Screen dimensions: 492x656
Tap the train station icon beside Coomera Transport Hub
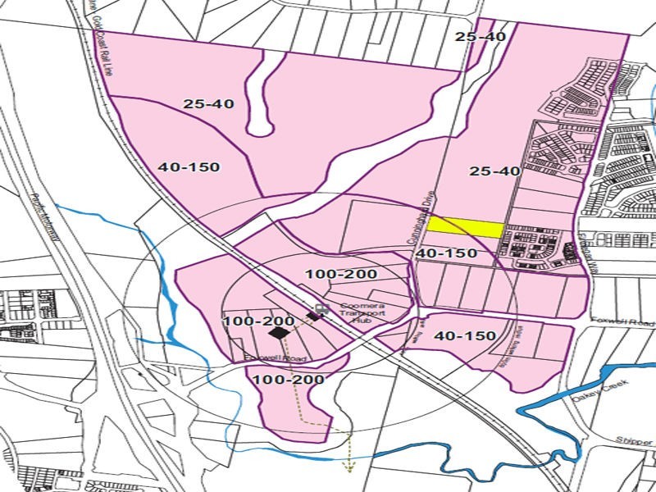tap(319, 307)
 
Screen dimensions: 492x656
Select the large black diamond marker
tap(278, 333)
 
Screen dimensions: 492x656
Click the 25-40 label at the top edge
tap(480, 37)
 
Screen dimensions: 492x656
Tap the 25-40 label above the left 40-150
tap(209, 104)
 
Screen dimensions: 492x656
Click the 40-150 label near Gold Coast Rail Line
tap(189, 166)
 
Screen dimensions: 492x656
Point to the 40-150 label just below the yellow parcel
tap(446, 253)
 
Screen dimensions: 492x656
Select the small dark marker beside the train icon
tap(312, 316)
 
